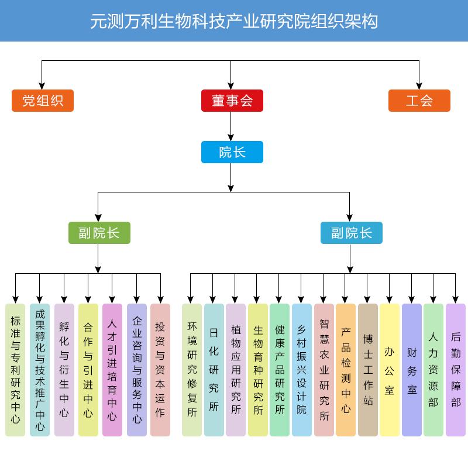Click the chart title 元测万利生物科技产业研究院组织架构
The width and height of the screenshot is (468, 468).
click(234, 21)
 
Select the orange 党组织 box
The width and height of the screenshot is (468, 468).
click(43, 101)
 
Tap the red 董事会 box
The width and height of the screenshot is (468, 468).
click(232, 101)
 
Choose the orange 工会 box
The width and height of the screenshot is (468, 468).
click(419, 101)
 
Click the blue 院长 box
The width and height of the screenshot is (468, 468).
click(232, 152)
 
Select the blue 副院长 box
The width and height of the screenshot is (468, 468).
click(351, 233)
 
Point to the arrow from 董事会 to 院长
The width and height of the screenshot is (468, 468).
click(232, 126)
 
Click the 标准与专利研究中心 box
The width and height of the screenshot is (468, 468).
click(16, 370)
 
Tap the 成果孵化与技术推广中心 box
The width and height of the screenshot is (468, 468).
click(40, 370)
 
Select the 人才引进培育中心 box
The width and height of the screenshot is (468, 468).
click(112, 370)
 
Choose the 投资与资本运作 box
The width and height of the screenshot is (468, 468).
click(160, 370)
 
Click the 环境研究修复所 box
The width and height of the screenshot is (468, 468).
click(192, 370)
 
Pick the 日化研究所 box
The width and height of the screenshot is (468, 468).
click(214, 370)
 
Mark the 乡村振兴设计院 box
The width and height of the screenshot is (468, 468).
click(301, 370)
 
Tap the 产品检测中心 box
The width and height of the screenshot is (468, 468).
click(346, 370)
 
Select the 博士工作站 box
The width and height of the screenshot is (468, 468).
click(368, 370)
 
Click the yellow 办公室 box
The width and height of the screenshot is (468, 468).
click(390, 370)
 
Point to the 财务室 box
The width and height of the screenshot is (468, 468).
click(412, 370)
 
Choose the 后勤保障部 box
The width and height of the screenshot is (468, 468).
click(456, 370)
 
